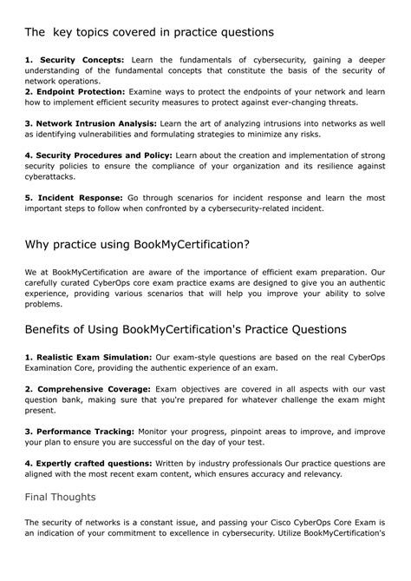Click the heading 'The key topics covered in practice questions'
tap(149, 32)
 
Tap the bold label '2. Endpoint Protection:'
tap(75, 90)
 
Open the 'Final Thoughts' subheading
tap(60, 497)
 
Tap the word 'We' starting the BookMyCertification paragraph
tap(31, 273)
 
